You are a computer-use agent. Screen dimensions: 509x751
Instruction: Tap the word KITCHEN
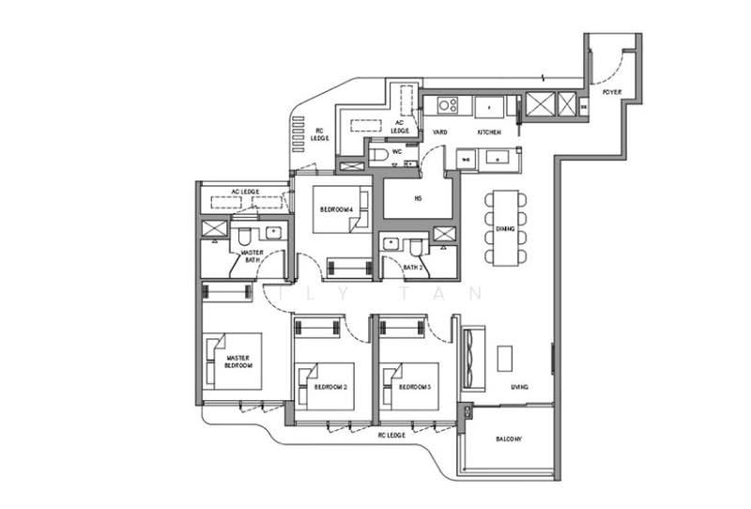pos(489,133)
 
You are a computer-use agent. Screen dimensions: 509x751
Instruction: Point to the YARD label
pos(439,133)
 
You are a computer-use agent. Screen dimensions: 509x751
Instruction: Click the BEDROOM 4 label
pos(336,208)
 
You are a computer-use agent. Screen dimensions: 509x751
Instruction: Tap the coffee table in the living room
pos(505,358)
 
